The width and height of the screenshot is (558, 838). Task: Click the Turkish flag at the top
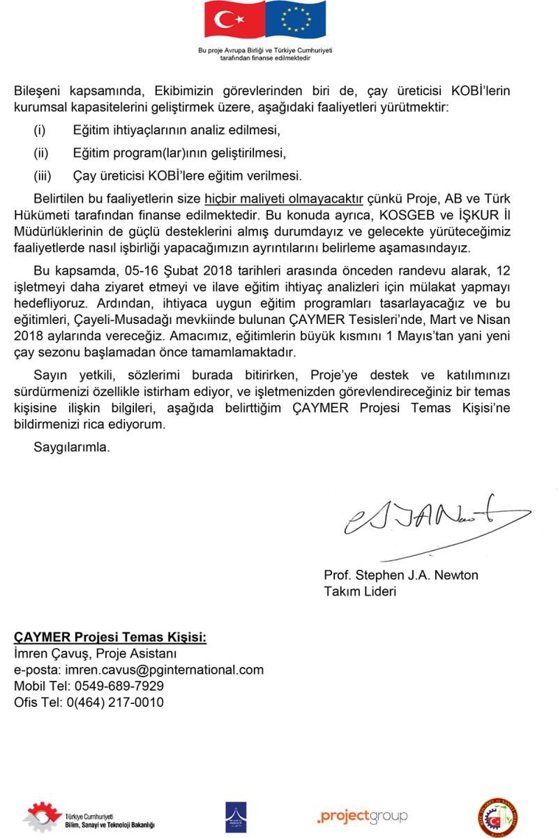pos(234,20)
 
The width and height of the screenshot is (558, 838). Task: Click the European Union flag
pos(296,20)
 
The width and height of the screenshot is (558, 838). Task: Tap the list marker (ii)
pos(41,152)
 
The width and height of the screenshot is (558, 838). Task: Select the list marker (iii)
pos(43,175)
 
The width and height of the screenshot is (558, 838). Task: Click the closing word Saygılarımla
pos(72,447)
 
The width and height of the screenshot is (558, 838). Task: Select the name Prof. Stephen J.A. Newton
pos(401,575)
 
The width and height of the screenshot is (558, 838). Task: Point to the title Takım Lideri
pos(360,591)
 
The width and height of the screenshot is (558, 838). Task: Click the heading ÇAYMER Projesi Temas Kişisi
pos(110,638)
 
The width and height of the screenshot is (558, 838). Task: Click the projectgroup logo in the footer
pos(362,816)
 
